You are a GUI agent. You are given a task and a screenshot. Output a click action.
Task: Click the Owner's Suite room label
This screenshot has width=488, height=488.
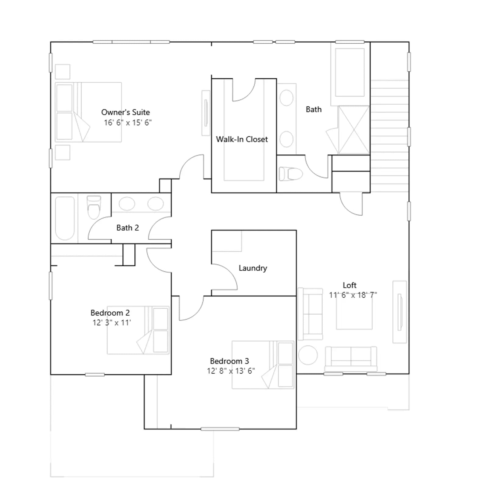tap(125, 112)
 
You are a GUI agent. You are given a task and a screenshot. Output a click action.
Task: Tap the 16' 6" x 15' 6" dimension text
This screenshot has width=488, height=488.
tap(127, 123)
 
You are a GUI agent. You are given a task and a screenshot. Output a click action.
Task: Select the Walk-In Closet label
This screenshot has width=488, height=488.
tap(242, 139)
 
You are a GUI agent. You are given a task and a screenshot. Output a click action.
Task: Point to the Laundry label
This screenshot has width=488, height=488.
tap(253, 268)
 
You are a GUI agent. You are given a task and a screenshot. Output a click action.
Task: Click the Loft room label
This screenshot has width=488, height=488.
tap(350, 285)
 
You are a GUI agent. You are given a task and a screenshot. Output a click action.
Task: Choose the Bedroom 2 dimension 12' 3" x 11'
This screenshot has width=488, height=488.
tap(112, 323)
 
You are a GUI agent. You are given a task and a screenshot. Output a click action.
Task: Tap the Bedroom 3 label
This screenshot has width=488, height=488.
tap(229, 361)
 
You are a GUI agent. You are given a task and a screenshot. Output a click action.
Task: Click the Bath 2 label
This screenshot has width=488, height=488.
tap(127, 228)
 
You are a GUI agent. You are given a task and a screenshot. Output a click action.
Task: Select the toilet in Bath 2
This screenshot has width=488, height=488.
tap(94, 207)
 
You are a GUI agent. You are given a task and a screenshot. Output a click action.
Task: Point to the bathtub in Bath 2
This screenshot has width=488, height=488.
tap(65, 218)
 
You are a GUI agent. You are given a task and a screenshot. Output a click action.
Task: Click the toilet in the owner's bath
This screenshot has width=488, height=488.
tap(291, 174)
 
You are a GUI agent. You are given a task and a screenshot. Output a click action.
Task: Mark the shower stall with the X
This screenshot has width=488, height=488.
tap(354, 130)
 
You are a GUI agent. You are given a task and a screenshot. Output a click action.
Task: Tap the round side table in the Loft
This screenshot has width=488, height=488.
tap(308, 355)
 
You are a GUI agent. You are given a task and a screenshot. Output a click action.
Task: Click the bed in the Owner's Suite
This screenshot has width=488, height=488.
tap(88, 112)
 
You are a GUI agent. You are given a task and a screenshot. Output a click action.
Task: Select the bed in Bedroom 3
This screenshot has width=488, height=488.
tap(263, 365)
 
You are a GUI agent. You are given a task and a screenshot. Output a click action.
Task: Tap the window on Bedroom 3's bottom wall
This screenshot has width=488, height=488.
tap(220, 429)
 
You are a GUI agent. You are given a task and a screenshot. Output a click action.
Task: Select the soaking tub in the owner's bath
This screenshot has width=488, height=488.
tap(350, 73)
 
